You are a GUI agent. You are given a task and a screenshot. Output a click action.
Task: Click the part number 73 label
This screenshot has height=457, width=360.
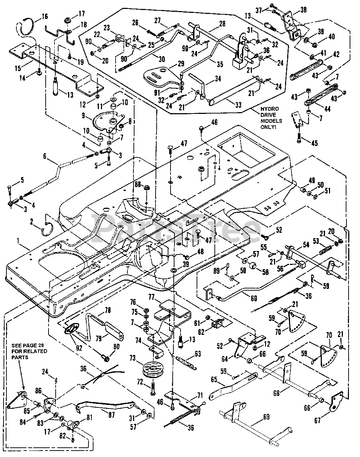[x=132, y=358]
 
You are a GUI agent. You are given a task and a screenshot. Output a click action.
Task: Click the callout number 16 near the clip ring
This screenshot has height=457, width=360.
[x=45, y=16]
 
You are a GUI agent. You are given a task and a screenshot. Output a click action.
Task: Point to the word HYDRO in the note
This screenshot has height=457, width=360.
[x=269, y=109]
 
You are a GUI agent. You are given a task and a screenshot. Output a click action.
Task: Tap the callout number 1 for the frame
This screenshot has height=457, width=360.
[x=18, y=241]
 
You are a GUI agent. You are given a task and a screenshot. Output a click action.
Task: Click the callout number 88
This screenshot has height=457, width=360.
[x=138, y=184]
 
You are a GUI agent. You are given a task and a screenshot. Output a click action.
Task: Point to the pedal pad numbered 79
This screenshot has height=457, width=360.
[x=115, y=331]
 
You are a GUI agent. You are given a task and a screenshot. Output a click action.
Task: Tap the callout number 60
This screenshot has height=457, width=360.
[x=254, y=298]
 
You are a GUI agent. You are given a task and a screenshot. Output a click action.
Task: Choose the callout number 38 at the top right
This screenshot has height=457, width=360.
[x=303, y=10]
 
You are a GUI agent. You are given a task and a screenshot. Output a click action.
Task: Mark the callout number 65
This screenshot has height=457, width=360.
[x=214, y=379]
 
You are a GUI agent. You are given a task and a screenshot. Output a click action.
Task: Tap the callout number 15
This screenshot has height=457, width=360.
[x=18, y=68]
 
